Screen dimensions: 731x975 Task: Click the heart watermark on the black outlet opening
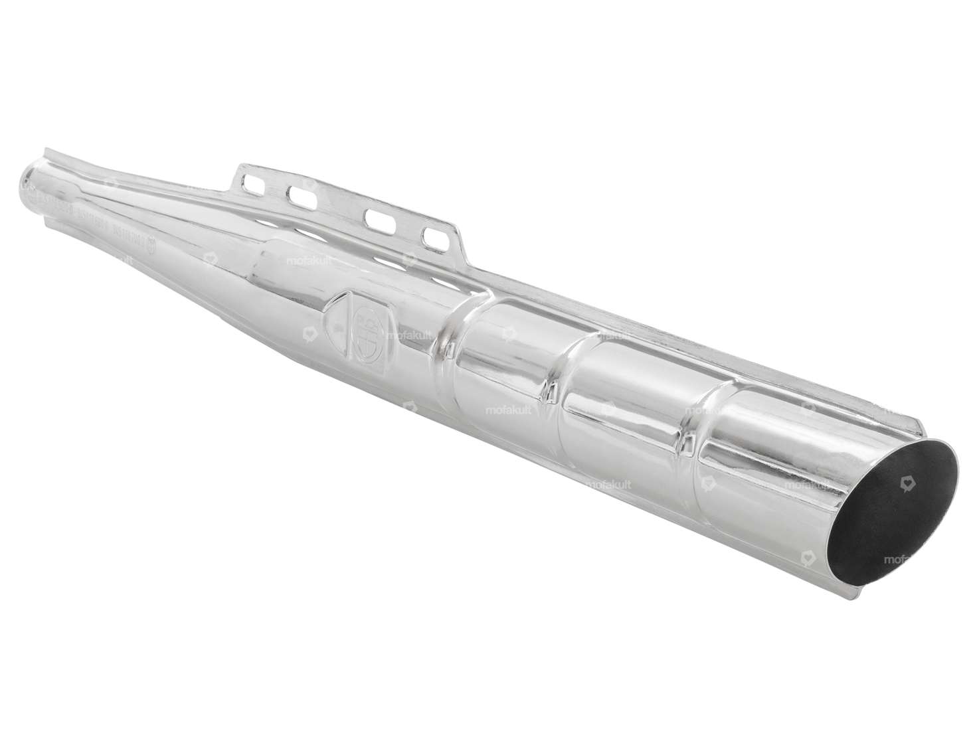(x=907, y=481)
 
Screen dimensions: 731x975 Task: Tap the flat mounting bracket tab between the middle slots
(x=339, y=206)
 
